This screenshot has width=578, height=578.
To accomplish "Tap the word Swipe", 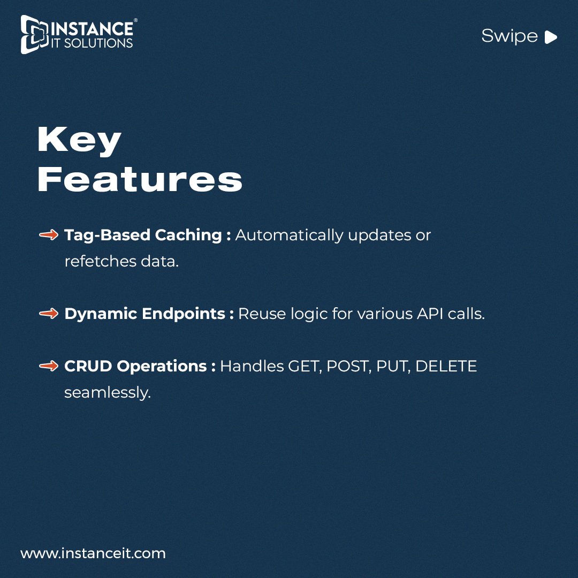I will click(x=509, y=36).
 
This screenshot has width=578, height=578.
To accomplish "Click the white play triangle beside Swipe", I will click(x=551, y=37).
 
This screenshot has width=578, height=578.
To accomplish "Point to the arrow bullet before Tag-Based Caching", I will click(x=49, y=235).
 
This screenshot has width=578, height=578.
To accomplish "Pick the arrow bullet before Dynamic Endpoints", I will click(x=49, y=314).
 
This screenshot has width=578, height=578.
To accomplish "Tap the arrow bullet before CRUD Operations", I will click(x=49, y=366).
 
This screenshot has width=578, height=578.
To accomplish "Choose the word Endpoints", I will click(x=184, y=314).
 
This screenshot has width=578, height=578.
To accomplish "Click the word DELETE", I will click(x=446, y=366).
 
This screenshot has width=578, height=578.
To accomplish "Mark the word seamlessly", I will click(x=108, y=392).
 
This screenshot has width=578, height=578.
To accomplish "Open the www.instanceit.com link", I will click(x=93, y=553).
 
